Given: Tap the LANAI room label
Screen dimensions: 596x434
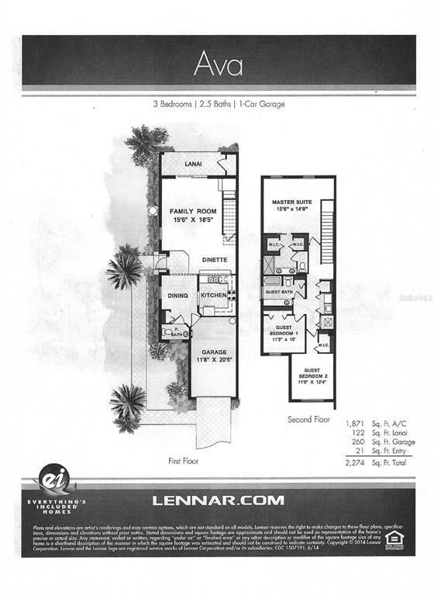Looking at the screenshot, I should pos(193,164).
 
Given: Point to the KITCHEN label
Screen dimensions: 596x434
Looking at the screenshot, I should pos(213,296).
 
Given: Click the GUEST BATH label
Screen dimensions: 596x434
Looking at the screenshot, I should pos(278,293).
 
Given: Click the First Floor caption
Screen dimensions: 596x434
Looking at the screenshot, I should pos(184,460).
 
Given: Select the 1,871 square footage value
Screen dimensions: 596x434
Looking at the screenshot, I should pos(355,424).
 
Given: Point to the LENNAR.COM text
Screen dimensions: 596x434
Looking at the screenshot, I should pos(218,501).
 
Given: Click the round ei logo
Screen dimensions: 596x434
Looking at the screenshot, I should pos(54,479).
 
